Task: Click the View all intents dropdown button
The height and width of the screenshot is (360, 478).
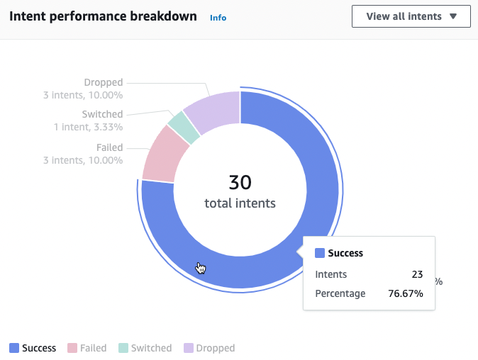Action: click(x=411, y=16)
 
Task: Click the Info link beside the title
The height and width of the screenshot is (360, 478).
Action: click(x=218, y=18)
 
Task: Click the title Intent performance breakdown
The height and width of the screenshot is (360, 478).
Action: click(x=103, y=16)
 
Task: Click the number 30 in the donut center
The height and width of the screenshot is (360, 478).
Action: click(x=240, y=182)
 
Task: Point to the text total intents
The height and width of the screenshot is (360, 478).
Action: click(x=240, y=203)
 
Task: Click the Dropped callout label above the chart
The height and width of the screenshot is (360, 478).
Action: click(x=103, y=82)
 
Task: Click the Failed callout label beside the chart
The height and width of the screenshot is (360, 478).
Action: click(x=109, y=147)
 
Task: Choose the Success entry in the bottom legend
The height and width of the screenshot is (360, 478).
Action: click(x=33, y=348)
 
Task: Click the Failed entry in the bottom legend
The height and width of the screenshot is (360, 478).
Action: click(x=87, y=348)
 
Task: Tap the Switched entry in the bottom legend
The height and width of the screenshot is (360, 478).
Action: click(x=145, y=348)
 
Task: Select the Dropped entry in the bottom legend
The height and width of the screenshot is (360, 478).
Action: click(x=209, y=348)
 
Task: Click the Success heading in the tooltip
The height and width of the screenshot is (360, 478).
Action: click(x=345, y=253)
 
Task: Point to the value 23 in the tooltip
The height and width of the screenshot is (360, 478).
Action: click(x=417, y=274)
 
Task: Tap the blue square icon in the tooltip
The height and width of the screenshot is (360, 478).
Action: click(x=319, y=253)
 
